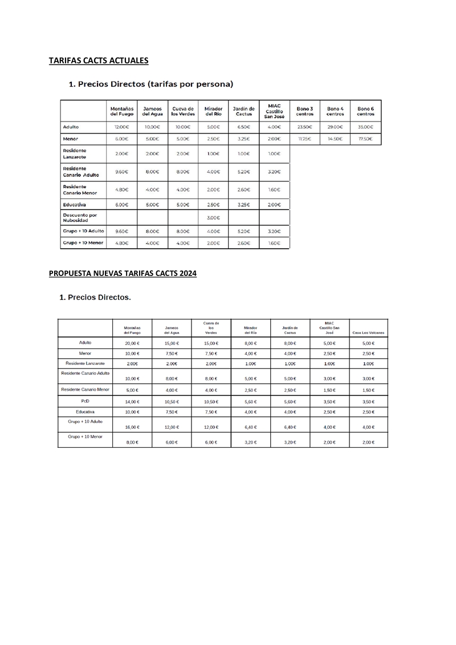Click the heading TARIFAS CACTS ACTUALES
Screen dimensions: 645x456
point(99,60)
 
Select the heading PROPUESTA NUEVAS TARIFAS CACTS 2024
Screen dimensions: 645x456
point(123,274)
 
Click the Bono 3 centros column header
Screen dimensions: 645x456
point(304,111)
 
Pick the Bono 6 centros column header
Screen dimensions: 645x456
point(365,111)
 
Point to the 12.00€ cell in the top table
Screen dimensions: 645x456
point(121,127)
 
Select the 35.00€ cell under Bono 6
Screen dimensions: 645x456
point(365,127)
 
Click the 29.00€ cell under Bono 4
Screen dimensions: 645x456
point(335,127)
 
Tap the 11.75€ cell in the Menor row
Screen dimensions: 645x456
point(304,139)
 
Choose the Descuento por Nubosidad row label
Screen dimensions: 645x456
point(80,218)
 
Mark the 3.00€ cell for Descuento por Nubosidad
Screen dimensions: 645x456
point(213,218)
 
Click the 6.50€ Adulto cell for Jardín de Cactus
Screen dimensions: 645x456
point(244,127)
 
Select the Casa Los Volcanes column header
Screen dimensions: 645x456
point(368,332)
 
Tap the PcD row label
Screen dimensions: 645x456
point(85,400)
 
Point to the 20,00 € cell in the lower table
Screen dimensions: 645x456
point(132,343)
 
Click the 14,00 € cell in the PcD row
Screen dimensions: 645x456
point(132,402)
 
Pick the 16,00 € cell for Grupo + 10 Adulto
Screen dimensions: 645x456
point(132,427)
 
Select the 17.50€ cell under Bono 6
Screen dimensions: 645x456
point(365,139)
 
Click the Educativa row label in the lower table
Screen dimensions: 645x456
point(85,411)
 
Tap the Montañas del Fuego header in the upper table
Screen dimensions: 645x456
point(121,111)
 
